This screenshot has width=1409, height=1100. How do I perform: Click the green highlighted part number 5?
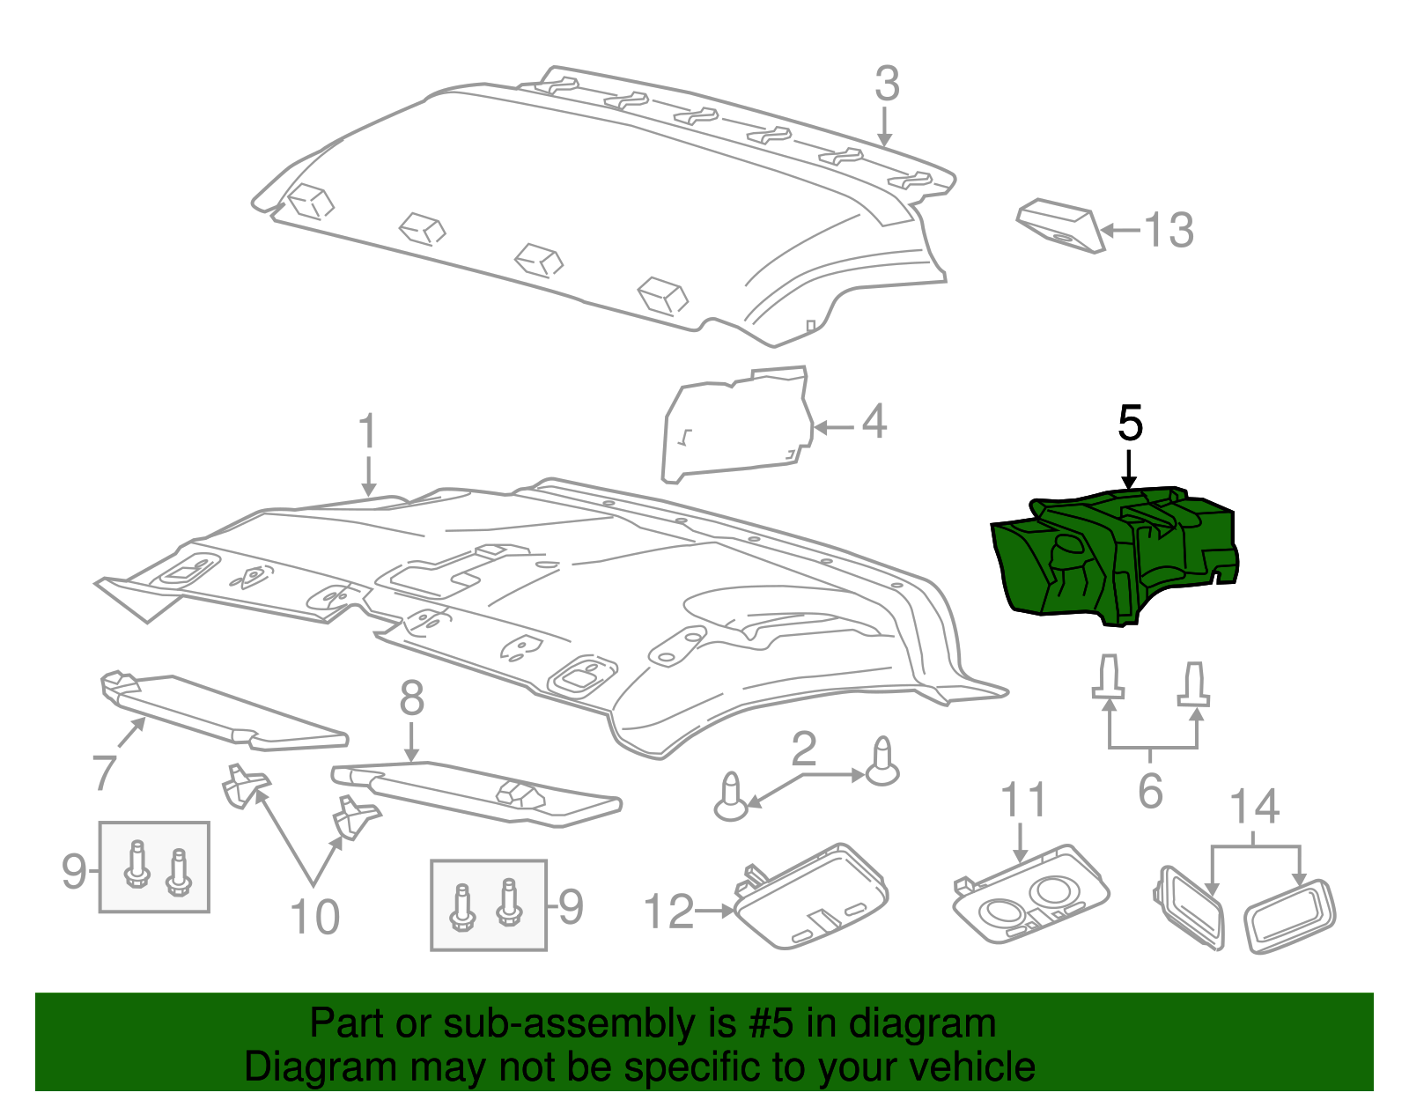click(1114, 559)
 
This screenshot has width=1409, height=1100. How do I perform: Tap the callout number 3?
click(887, 85)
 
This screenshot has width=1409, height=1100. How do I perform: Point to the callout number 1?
click(367, 432)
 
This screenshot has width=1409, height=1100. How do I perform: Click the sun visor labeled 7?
click(220, 709)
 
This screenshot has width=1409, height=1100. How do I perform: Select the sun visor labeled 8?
click(476, 793)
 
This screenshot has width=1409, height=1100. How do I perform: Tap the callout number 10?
click(314, 917)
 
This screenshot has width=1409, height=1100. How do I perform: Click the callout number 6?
click(1150, 791)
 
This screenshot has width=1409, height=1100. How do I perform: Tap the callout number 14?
click(1254, 806)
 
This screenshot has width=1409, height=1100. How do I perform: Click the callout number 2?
click(803, 749)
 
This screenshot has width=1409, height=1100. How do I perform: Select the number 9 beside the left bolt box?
click(74, 871)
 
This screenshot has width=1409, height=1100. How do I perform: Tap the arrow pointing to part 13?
click(1120, 231)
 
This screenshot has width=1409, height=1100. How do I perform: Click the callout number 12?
click(669, 912)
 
